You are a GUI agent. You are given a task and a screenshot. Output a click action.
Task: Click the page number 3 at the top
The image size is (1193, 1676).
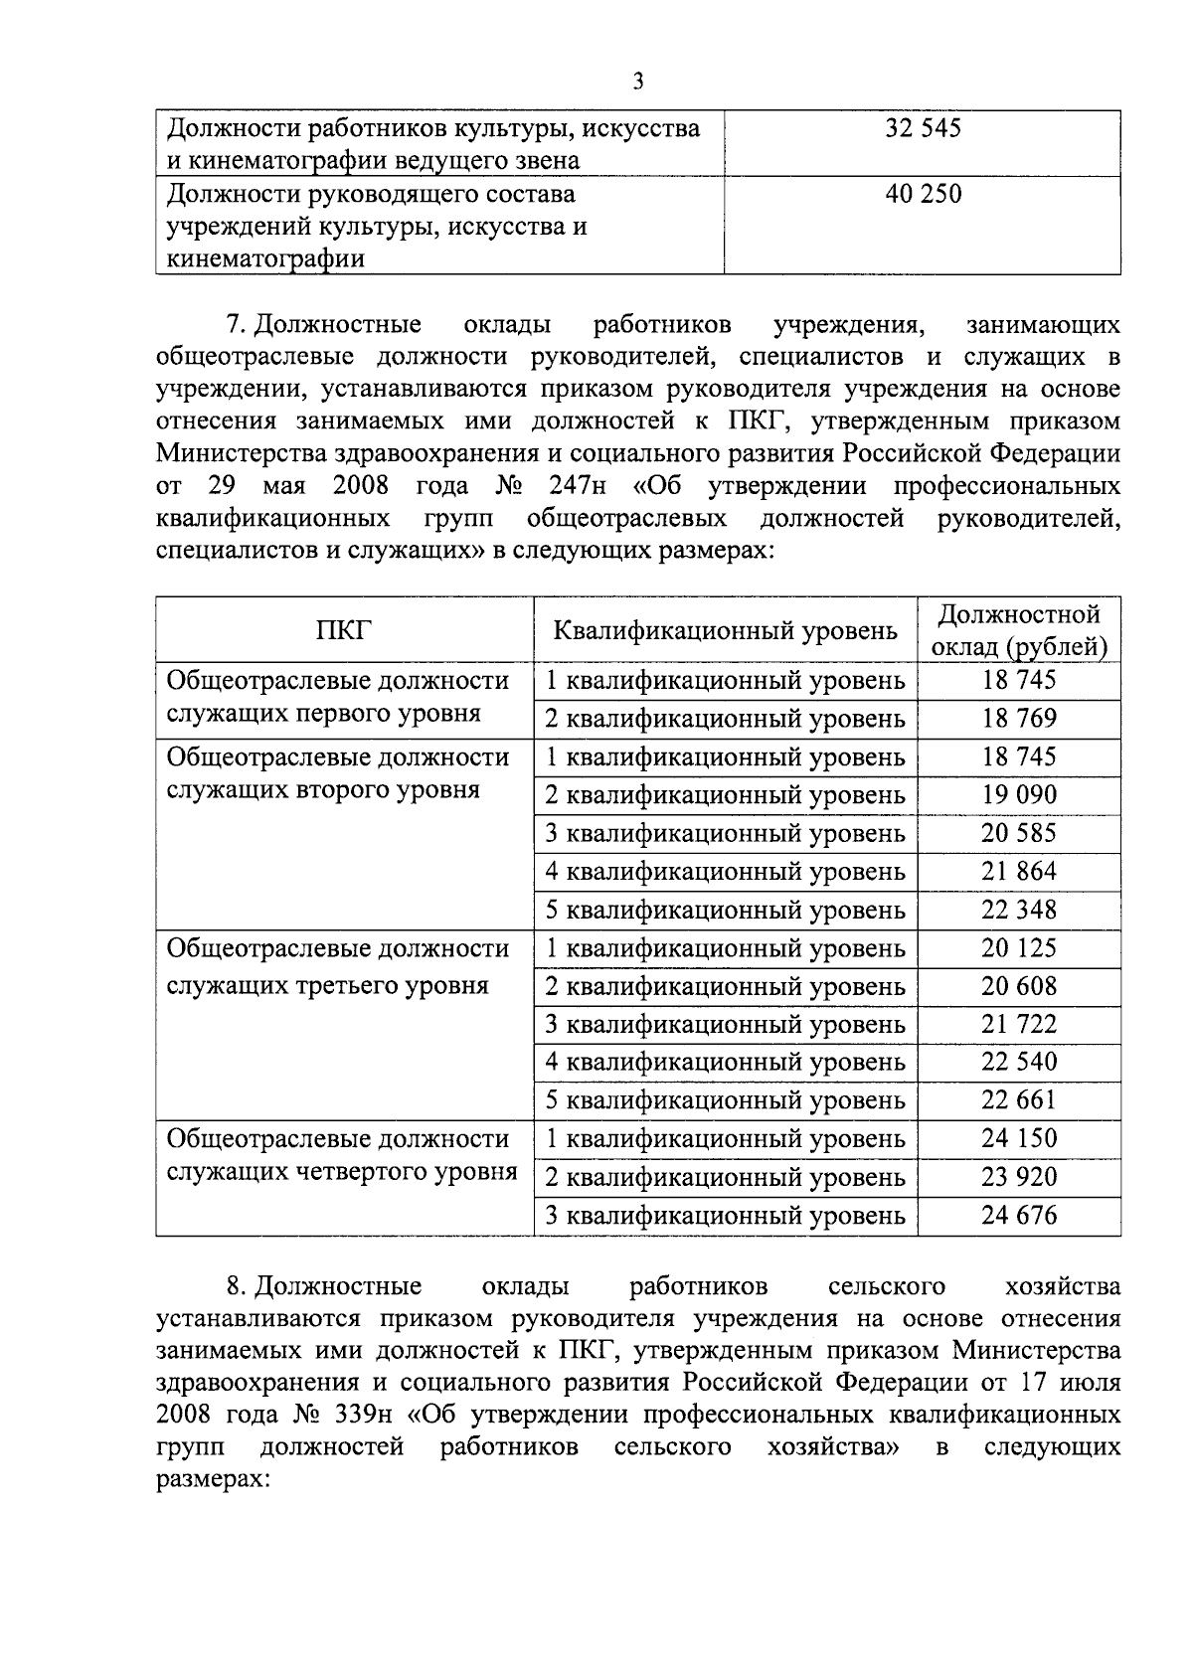(x=637, y=82)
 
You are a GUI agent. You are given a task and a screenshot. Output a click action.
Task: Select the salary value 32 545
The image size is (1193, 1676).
(x=923, y=128)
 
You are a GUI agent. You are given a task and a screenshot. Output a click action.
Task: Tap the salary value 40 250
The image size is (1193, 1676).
(x=923, y=194)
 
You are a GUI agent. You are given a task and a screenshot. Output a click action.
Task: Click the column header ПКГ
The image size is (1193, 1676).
(x=344, y=630)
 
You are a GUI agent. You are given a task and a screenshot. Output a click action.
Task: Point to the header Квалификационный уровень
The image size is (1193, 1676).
(x=725, y=630)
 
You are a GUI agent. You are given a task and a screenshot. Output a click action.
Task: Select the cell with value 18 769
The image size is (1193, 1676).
(x=1019, y=719)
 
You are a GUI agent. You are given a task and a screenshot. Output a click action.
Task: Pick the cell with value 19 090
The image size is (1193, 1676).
(x=1019, y=795)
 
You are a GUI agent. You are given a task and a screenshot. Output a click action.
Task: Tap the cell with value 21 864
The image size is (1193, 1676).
(x=1019, y=872)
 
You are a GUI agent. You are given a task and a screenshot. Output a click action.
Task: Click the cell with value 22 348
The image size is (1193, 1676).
(x=1019, y=911)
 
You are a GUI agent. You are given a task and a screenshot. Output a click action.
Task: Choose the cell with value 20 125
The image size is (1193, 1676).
(x=1019, y=948)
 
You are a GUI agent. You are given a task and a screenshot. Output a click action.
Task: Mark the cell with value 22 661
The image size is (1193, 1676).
(x=1019, y=1100)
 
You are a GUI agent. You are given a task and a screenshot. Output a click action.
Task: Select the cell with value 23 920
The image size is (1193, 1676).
(x=1019, y=1177)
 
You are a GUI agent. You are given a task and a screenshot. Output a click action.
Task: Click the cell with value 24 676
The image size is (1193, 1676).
(x=1019, y=1215)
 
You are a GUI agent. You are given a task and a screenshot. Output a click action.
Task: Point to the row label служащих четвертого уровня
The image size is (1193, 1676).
(x=342, y=1172)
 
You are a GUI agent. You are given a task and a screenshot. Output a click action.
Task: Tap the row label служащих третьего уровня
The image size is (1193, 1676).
(x=328, y=985)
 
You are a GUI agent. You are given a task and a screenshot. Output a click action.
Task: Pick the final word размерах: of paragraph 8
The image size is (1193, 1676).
(x=214, y=1479)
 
